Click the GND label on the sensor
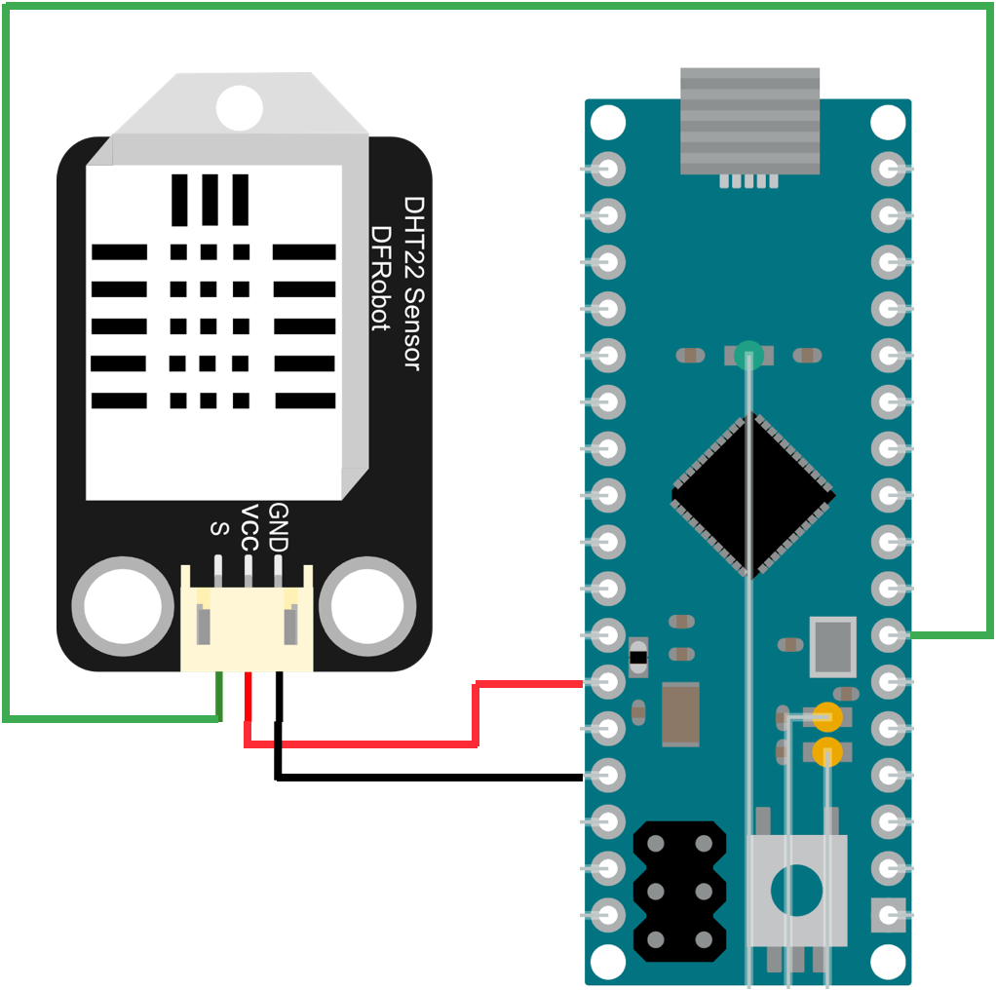pyautogui.click(x=279, y=526)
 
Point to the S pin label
pyautogui.click(x=219, y=529)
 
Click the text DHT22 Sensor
pyautogui.click(x=413, y=283)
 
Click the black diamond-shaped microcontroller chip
pyautogui.click(x=752, y=495)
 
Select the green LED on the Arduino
pyautogui.click(x=748, y=355)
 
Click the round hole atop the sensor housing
pyautogui.click(x=240, y=107)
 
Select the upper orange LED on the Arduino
pyautogui.click(x=827, y=718)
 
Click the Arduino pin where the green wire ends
pyautogui.click(x=888, y=635)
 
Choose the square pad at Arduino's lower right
pyautogui.click(x=888, y=914)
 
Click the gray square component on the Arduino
pyautogui.click(x=832, y=645)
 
